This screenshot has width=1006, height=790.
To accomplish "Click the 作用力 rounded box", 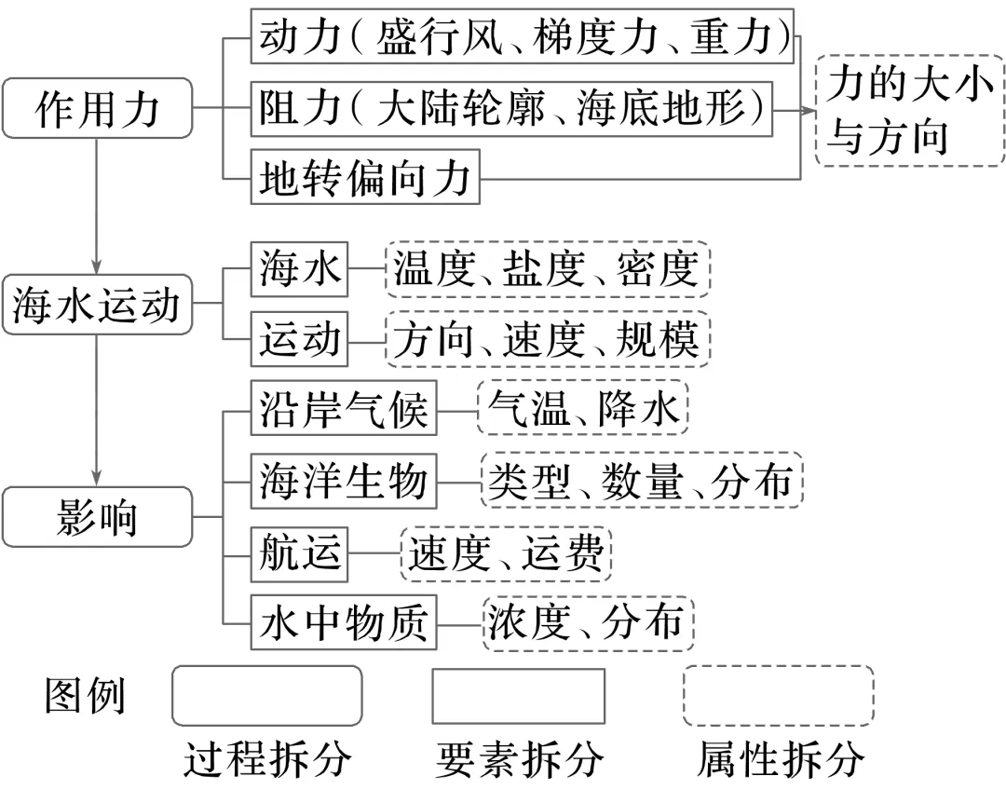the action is click(98, 108).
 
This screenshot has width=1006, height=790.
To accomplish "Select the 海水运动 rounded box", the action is click(98, 305).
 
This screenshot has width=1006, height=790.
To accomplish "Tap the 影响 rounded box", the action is click(98, 517).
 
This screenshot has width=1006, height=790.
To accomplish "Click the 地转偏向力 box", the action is click(365, 177).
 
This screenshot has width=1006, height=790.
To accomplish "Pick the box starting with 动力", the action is click(523, 36).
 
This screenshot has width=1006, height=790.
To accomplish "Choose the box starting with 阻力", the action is click(511, 108).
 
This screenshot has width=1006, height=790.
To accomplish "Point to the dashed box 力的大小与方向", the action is click(910, 110).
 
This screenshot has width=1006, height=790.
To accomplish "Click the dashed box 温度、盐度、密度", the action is click(548, 269).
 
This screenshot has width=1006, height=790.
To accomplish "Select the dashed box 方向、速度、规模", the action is click(548, 339).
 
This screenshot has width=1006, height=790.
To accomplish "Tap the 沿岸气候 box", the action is click(343, 407).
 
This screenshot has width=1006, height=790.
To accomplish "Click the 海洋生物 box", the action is click(343, 481).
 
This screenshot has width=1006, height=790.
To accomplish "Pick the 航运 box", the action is click(299, 554).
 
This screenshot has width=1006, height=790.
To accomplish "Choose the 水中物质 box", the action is click(343, 622).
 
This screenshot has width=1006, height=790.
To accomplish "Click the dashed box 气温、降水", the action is click(582, 407).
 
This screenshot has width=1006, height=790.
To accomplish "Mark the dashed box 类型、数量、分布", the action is click(642, 481).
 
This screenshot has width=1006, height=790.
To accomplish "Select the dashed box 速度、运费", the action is click(506, 553).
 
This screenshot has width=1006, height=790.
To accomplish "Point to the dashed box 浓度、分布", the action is click(587, 622).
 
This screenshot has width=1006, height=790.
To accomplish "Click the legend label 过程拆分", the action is click(267, 759).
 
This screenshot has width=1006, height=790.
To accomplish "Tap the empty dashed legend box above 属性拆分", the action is click(778, 696).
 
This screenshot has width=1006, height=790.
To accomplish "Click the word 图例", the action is click(84, 696).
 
